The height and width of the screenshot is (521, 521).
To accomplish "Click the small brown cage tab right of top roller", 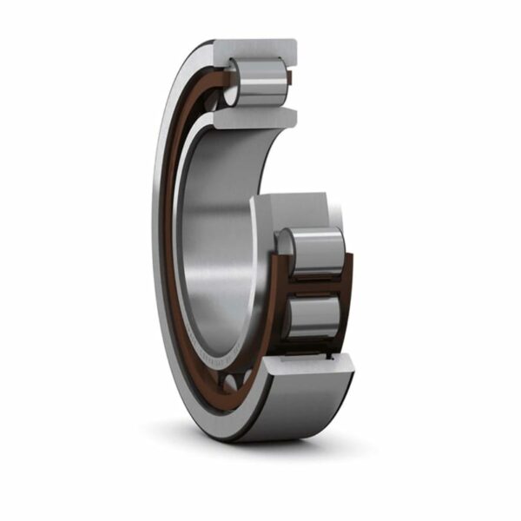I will (x=291, y=78).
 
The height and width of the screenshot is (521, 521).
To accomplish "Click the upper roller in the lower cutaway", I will (x=314, y=252).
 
